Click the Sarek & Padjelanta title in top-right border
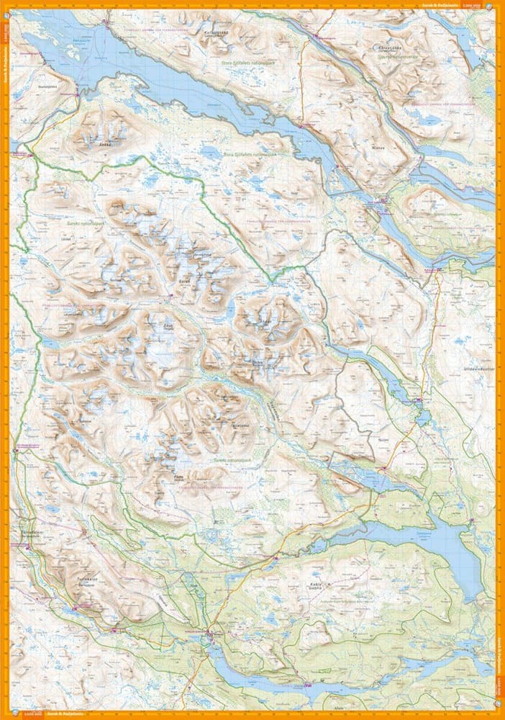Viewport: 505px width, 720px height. (x=440, y=6)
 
